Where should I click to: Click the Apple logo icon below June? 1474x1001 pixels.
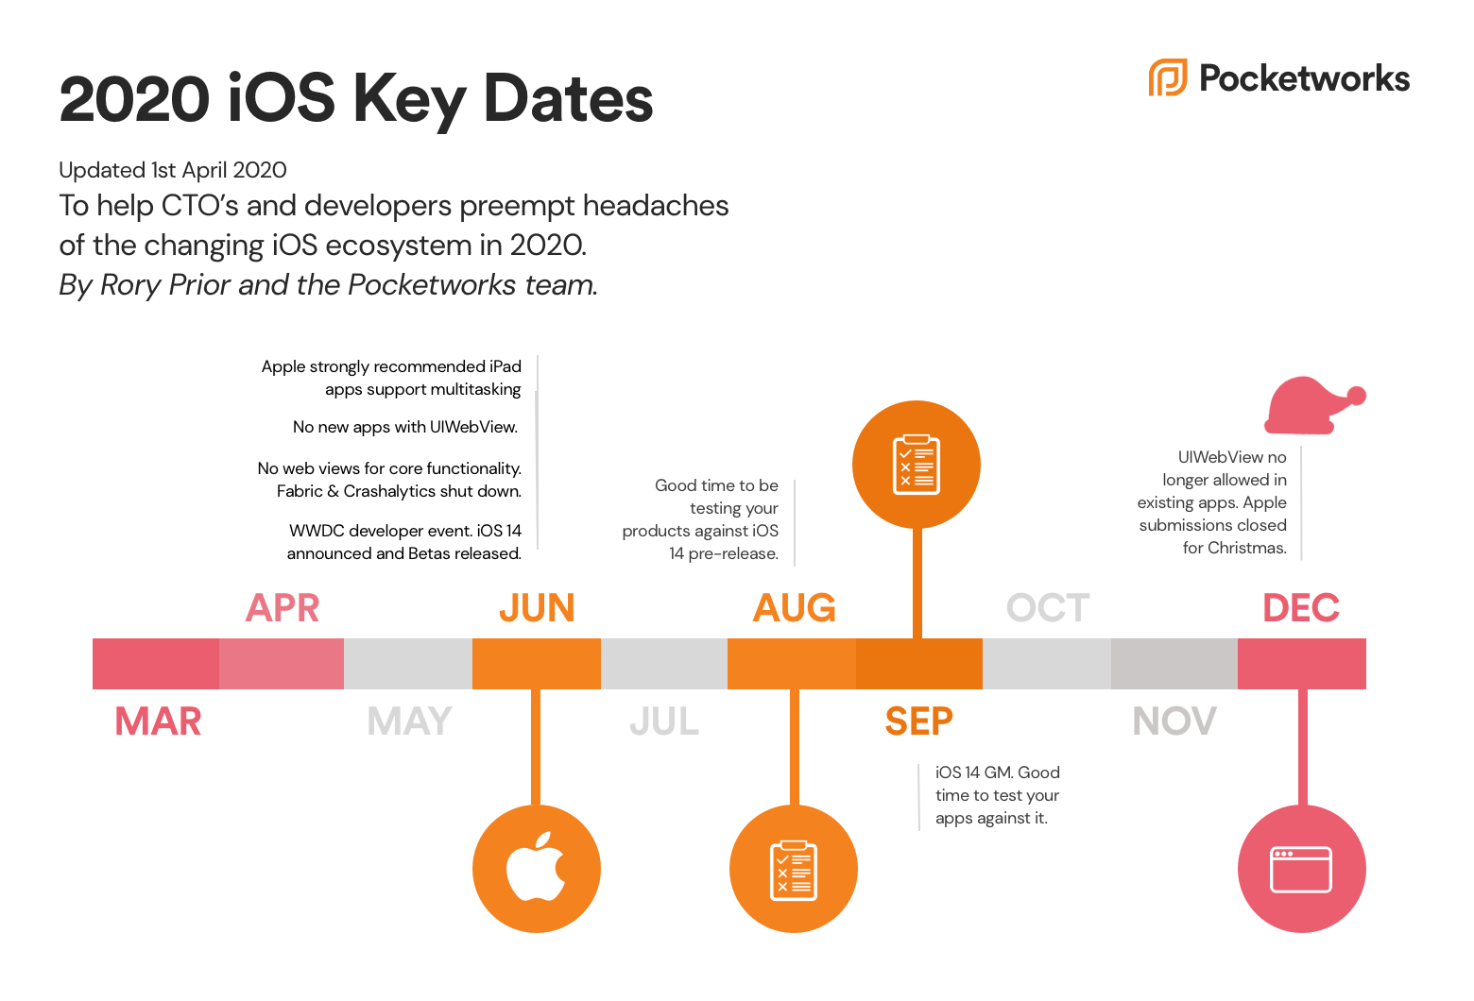point(537,867)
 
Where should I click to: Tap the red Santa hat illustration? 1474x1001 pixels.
point(1314,405)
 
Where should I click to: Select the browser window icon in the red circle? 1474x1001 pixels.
point(1301,869)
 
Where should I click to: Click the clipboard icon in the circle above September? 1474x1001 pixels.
point(916,465)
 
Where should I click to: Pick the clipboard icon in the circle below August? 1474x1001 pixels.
point(793,870)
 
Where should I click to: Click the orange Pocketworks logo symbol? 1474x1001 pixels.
point(1168,77)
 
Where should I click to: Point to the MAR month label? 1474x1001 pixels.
point(158,721)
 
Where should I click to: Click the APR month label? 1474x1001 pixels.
point(283,608)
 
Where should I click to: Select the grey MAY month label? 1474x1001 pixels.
point(409,721)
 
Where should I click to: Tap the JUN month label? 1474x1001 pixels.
point(537,608)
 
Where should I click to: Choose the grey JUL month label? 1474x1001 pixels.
point(664,721)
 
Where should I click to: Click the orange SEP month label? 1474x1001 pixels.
point(918,721)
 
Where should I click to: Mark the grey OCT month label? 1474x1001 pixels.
point(1048,608)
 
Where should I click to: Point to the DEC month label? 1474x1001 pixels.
point(1301,608)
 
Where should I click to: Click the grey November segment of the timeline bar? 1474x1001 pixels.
point(1174,664)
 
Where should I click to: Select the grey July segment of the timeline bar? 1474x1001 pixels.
point(664,664)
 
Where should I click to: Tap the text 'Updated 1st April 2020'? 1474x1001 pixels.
point(172,170)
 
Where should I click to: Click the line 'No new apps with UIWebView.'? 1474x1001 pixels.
point(405,427)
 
